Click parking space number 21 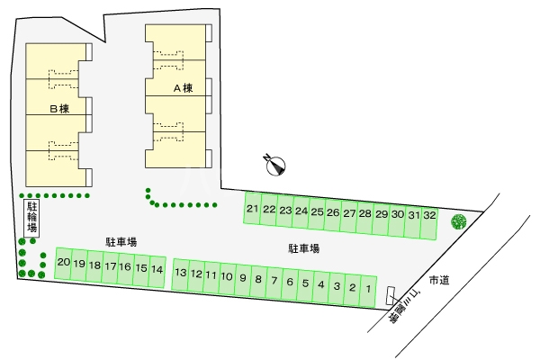coord(253,210)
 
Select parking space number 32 coord(430,216)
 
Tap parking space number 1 coord(368,288)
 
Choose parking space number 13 coord(181,274)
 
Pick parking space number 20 coord(63,263)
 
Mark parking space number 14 coord(157,268)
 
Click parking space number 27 coord(349,213)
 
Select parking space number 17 coord(110,266)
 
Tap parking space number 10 coord(227,277)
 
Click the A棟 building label coord(184,89)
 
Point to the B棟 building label coord(59,108)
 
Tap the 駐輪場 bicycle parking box coord(31,220)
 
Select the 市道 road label coord(439,280)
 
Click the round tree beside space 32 coord(459,220)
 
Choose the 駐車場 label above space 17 coord(121,242)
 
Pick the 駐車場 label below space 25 coord(304,247)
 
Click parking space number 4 coord(320,284)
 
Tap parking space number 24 coord(301,211)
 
